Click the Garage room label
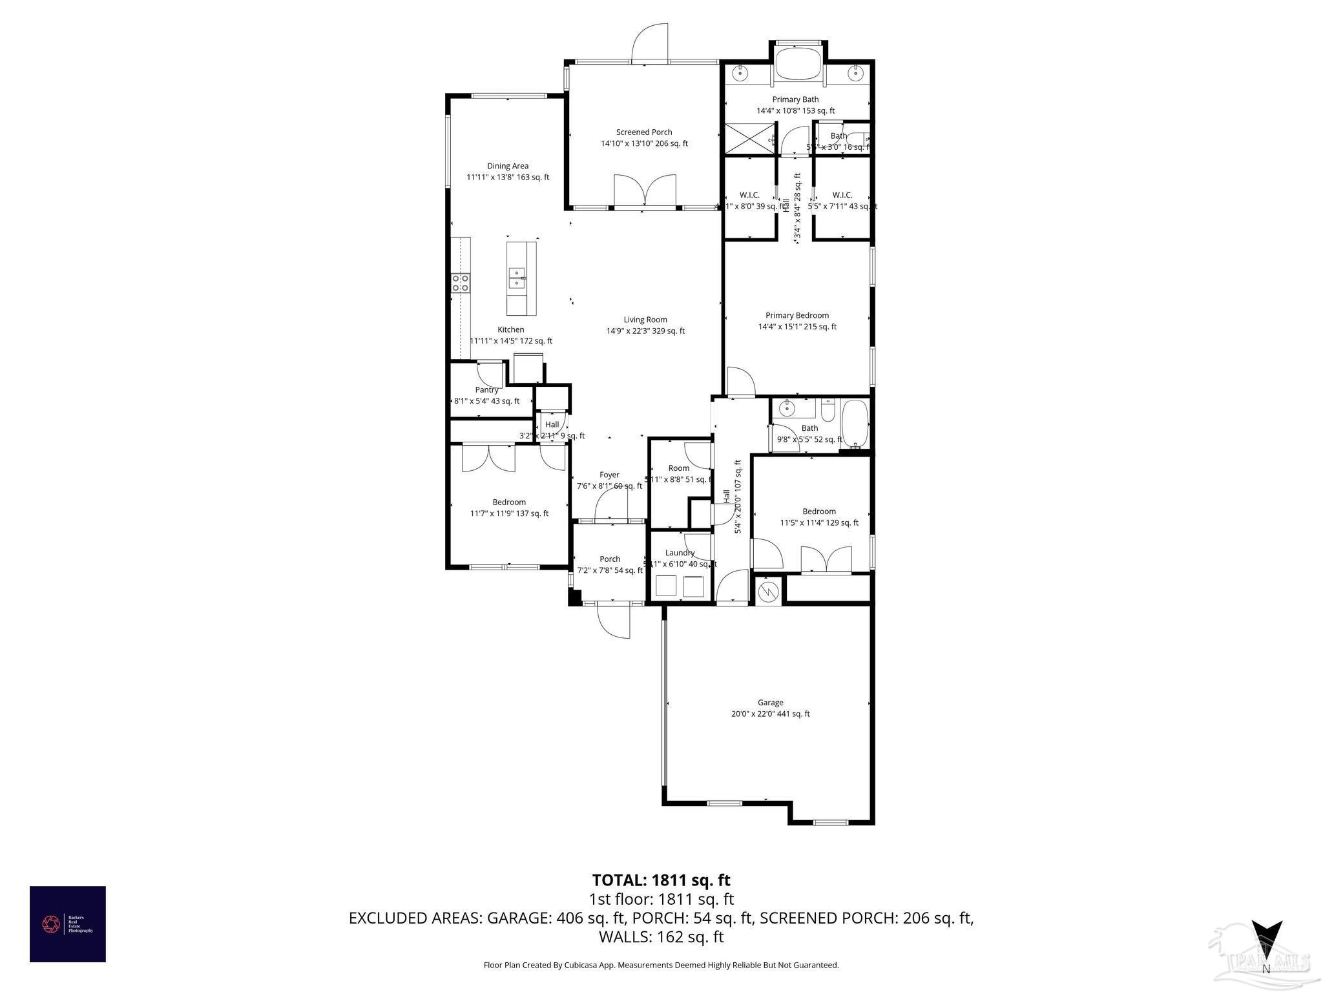770,703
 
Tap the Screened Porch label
643,132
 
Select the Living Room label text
645,320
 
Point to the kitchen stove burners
461,282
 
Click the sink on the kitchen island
517,278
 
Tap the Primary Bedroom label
797,316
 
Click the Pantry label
486,390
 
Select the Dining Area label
507,166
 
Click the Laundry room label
680,553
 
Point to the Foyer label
609,475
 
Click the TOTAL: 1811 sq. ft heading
661,880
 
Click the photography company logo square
68,924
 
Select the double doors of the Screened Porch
645,192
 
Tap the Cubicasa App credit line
661,965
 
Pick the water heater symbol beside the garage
768,590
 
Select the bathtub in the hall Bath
855,423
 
